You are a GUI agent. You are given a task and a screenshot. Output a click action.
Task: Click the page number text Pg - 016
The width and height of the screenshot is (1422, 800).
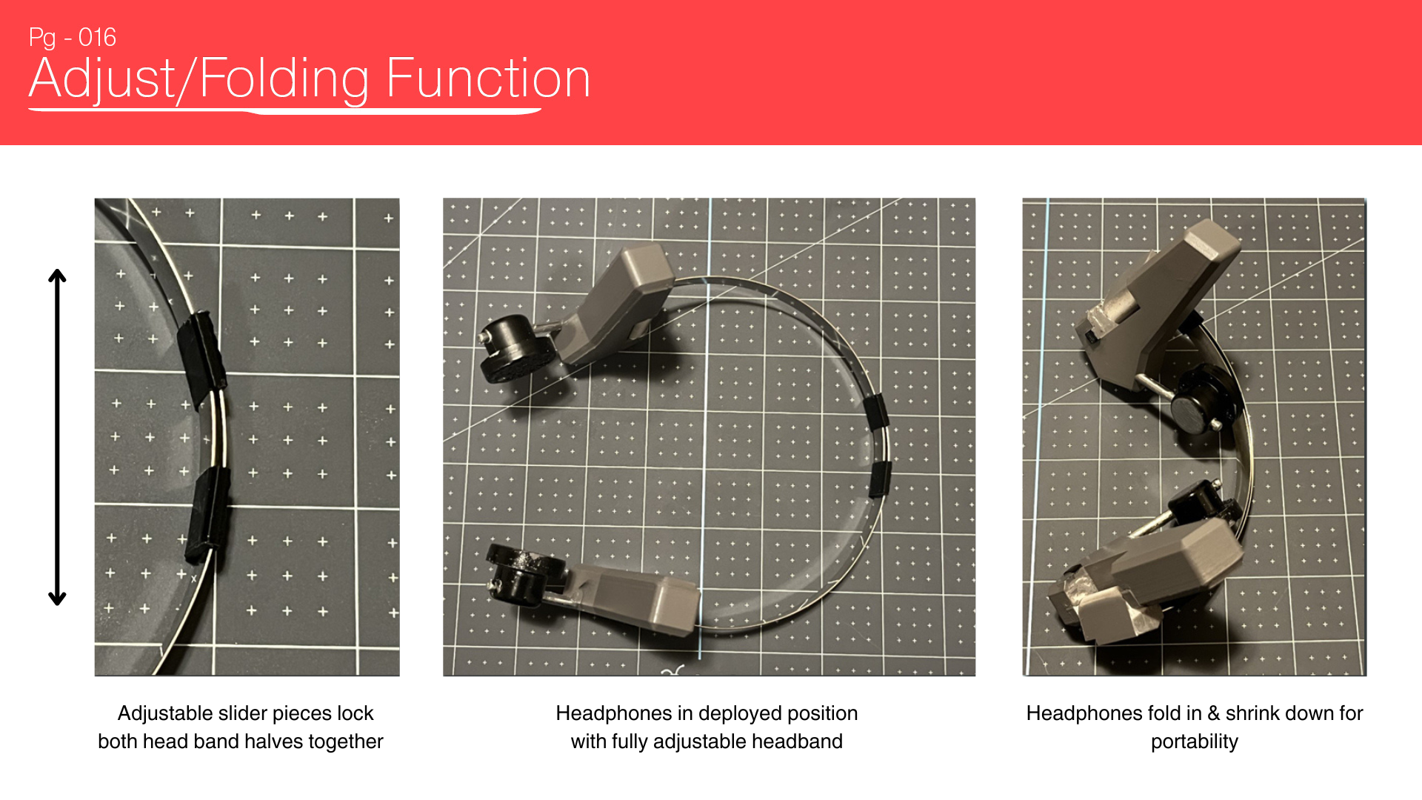[73, 38]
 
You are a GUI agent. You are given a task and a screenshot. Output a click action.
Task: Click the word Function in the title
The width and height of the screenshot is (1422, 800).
[488, 78]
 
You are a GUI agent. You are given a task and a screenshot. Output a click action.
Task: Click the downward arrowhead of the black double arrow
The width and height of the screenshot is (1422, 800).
[57, 598]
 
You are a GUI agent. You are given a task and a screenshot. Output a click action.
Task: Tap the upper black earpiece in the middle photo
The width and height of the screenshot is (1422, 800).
[515, 348]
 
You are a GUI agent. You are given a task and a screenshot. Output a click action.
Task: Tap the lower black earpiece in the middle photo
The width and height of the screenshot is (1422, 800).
[525, 575]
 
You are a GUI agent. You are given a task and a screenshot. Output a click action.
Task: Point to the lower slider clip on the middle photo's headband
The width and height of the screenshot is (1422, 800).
[881, 479]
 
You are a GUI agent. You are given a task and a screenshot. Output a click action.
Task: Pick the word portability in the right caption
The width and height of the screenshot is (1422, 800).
[1195, 742]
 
